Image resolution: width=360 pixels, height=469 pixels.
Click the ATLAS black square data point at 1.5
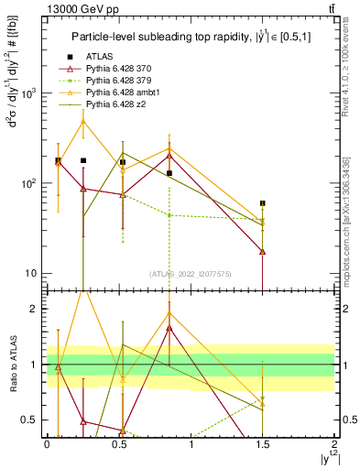(x=263, y=203)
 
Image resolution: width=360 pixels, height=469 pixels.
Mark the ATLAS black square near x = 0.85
(x=169, y=173)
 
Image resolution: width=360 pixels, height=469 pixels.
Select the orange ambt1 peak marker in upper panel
(x=83, y=121)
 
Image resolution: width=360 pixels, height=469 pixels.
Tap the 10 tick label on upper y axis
(x=28, y=273)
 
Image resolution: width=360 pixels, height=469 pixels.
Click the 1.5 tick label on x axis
(x=263, y=443)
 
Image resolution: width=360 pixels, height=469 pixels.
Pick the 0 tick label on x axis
(x=47, y=443)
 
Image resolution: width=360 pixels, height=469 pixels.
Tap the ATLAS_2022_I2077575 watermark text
(x=191, y=275)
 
